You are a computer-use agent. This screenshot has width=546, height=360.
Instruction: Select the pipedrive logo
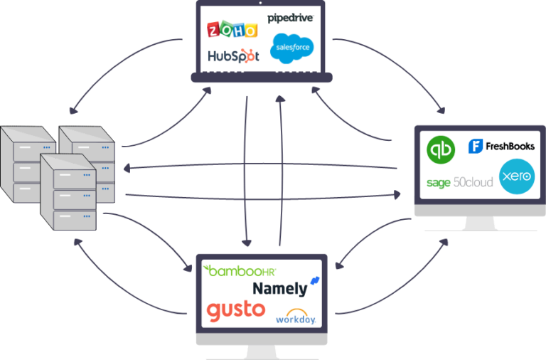[x=290, y=17]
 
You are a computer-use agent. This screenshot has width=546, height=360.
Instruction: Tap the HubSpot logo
[x=232, y=55]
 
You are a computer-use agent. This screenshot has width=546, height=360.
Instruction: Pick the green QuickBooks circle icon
[x=440, y=150]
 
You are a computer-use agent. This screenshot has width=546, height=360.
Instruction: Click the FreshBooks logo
[x=501, y=146]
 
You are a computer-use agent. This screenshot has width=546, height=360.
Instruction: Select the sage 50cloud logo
[x=459, y=182]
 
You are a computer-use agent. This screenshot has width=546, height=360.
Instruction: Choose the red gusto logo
[x=235, y=310]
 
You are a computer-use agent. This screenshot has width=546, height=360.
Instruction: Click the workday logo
[x=296, y=316]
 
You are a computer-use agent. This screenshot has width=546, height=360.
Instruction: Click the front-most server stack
[x=68, y=192]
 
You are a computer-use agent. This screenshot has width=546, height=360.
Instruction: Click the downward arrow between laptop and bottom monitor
[x=247, y=171]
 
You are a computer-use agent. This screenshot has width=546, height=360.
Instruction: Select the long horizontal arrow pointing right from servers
[x=263, y=196]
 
